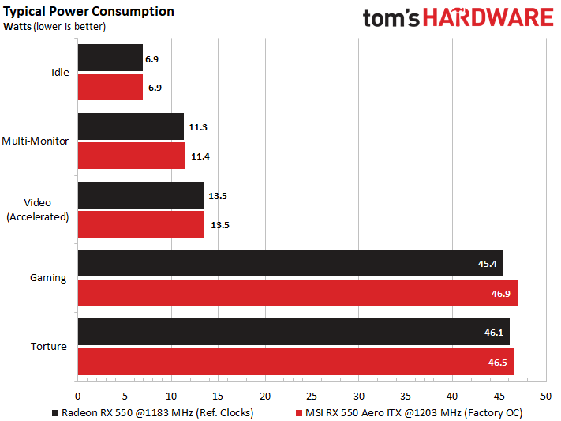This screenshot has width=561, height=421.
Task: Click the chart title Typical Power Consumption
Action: coord(89,12)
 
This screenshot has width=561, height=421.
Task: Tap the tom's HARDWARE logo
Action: coord(458,19)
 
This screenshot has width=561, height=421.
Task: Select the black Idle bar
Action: coord(110,58)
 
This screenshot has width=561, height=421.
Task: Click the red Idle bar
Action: coord(110,87)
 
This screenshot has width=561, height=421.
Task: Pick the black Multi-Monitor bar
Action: coord(130,126)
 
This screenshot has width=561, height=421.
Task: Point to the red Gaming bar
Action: coord(297,293)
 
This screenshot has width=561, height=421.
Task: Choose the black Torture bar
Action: coord(293,332)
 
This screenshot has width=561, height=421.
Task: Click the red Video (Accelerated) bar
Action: coord(140,224)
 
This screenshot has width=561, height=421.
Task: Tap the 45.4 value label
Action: coord(487,264)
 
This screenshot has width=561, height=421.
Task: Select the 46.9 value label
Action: coord(501,293)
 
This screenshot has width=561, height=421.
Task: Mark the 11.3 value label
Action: coord(199,126)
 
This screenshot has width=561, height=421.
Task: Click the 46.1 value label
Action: coord(493,333)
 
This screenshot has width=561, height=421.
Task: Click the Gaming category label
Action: coord(48,278)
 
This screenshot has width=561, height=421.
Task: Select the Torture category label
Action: coord(49,347)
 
